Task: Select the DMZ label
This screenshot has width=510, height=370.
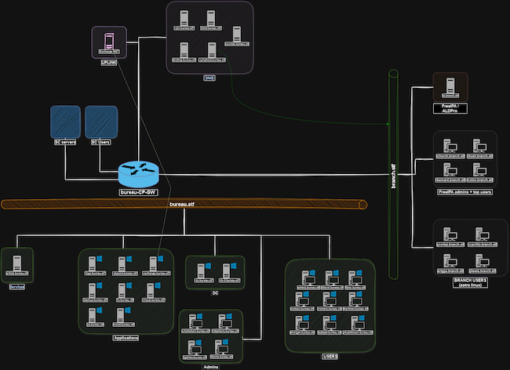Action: [x=209, y=78]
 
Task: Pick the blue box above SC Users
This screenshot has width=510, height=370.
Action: [x=100, y=122]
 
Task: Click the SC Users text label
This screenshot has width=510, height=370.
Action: [x=100, y=142]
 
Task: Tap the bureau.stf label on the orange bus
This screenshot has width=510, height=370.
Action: [x=183, y=204]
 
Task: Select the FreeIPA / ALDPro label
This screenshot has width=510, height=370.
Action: [x=450, y=108]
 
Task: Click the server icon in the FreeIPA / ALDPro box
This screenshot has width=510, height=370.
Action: [x=450, y=84]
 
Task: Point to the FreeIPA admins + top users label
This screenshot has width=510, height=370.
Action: [x=464, y=191]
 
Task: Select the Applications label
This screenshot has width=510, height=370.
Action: [x=126, y=339]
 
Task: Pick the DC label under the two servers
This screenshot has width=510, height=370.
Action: [x=214, y=293]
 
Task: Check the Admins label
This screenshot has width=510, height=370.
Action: [x=210, y=365]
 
